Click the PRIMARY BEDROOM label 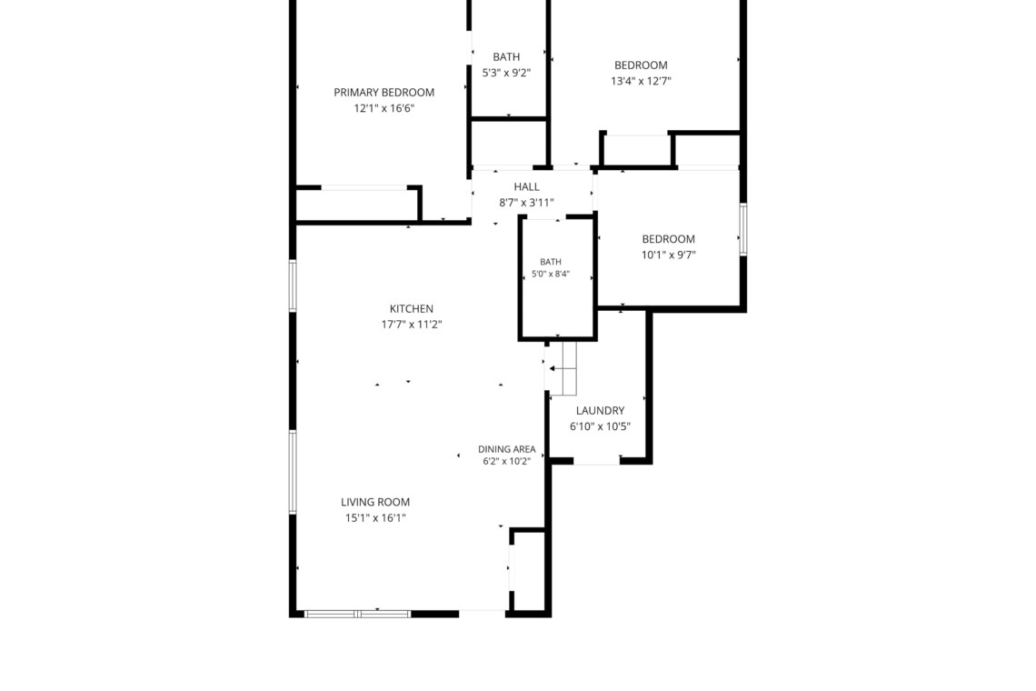click(384, 93)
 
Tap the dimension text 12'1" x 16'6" click(384, 108)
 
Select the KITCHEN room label click(411, 309)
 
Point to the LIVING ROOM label click(375, 502)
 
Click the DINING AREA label click(507, 449)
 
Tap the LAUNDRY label click(600, 411)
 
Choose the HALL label click(526, 187)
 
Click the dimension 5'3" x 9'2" click(506, 73)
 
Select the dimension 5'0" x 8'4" click(551, 274)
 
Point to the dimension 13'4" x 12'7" click(641, 81)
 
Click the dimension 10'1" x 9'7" click(669, 255)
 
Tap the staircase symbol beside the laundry click(563, 368)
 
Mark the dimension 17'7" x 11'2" click(411, 325)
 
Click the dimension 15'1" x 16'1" click(375, 518)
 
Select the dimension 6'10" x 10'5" click(600, 427)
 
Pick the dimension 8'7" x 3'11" click(526, 203)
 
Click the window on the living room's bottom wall click(357, 615)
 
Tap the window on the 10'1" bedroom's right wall click(743, 229)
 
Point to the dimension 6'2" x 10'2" click(507, 462)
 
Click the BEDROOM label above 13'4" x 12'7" click(641, 65)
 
